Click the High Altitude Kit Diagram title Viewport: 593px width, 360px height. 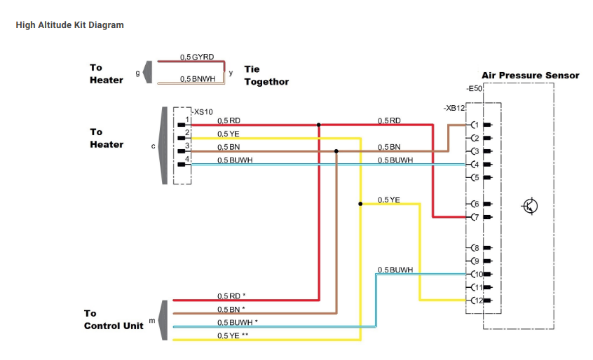click(69, 25)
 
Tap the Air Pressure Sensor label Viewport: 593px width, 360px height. click(530, 75)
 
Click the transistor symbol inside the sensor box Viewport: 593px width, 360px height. click(531, 205)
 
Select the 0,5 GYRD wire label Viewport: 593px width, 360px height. click(197, 56)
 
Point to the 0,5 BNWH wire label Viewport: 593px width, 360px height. click(197, 79)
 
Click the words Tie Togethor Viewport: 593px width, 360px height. click(266, 76)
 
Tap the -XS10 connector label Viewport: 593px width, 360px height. click(203, 111)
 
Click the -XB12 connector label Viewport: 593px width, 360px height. click(454, 109)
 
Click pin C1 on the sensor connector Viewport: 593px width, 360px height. click(474, 125)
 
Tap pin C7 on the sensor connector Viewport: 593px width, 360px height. click(474, 217)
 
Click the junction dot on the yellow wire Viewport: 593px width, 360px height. click(360, 204)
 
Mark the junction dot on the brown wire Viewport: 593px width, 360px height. click(336, 151)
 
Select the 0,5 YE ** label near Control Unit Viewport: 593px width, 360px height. click(233, 335)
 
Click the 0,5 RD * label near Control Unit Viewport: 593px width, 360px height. click(231, 296)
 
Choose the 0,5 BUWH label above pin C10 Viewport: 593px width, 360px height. click(395, 270)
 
